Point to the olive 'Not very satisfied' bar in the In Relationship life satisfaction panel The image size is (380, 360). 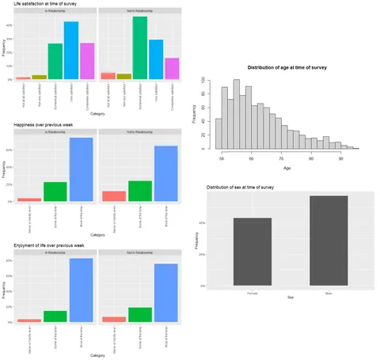[39, 77]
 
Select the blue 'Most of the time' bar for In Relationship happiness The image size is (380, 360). [82, 170]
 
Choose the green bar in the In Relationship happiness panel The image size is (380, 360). [55, 191]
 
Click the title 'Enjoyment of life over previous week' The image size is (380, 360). [50, 247]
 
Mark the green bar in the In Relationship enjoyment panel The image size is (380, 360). [55, 316]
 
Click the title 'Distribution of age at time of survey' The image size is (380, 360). [287, 67]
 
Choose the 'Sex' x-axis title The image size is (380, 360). [291, 297]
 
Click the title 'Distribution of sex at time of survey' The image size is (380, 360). [251, 187]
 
